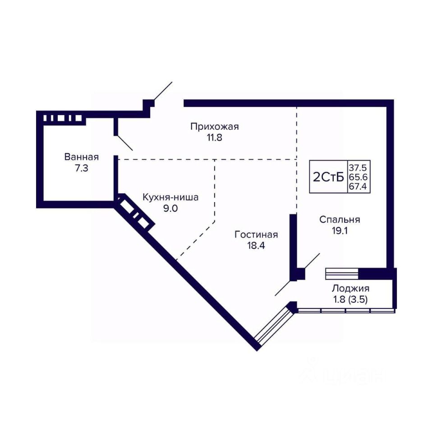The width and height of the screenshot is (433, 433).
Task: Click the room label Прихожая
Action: point(215,127)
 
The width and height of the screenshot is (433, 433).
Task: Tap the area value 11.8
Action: point(215,138)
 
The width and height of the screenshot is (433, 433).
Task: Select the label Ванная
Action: point(82,157)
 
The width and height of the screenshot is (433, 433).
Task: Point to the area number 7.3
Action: point(82,168)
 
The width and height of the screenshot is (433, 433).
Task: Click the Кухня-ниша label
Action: point(170,198)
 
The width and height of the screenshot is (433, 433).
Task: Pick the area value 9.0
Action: point(170,208)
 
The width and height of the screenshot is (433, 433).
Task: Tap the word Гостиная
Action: point(256,235)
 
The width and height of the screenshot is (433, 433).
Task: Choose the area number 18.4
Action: point(256,245)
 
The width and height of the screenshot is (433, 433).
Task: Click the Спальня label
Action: point(340,220)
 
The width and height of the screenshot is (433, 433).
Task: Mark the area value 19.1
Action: point(340,230)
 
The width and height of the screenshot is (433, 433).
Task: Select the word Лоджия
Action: point(350,289)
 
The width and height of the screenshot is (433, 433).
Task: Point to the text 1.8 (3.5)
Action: point(350,299)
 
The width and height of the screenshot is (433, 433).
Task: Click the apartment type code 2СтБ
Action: point(328,177)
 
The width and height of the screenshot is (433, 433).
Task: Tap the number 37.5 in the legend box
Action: point(358,168)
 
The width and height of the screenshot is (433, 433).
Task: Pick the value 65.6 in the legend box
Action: point(358,177)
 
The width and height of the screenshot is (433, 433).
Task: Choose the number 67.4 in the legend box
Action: point(358,186)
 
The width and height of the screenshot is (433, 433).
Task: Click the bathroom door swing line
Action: point(124,143)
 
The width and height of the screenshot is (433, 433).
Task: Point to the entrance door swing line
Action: point(163,91)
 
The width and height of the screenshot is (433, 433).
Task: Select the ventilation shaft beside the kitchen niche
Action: point(134,212)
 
